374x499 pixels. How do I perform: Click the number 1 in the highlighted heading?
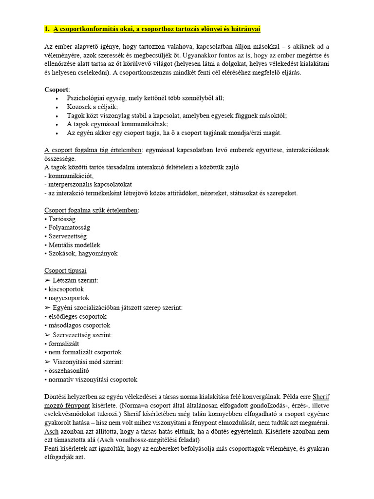click(x=46, y=29)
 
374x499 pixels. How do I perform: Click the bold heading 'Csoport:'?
click(x=56, y=90)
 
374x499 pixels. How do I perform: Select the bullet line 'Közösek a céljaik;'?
click(x=93, y=107)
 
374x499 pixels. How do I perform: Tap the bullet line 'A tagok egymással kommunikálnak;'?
click(x=117, y=124)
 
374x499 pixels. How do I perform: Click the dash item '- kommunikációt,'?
click(x=70, y=175)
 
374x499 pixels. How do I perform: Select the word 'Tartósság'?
click(x=62, y=219)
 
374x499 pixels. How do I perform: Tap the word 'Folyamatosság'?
click(x=69, y=228)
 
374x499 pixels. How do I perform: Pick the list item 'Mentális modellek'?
click(x=75, y=245)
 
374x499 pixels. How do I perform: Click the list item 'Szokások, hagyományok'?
click(x=83, y=253)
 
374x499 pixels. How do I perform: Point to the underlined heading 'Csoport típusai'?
click(x=65, y=270)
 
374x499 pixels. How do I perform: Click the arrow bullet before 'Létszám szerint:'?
click(x=47, y=280)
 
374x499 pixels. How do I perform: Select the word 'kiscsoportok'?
click(x=66, y=289)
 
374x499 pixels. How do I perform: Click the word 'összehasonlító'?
click(x=69, y=370)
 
